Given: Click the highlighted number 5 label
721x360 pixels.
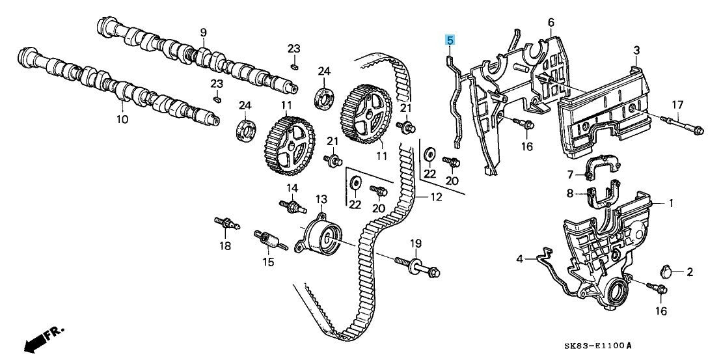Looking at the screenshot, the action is click(450, 40).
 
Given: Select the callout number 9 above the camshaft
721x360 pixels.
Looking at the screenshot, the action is click(203, 33).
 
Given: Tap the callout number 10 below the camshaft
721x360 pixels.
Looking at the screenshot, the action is click(122, 120).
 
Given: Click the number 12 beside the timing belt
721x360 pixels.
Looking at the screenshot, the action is click(436, 197).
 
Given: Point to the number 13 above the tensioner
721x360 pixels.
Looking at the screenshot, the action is click(321, 200).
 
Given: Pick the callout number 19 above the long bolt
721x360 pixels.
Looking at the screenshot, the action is click(416, 243).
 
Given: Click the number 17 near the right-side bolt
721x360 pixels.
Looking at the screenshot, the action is click(678, 105).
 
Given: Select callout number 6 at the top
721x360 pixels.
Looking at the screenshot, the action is click(551, 22).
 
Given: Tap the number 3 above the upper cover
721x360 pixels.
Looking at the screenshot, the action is click(636, 50).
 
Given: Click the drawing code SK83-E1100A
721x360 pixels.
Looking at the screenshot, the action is click(598, 345).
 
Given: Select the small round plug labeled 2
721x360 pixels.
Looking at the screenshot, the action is click(665, 271).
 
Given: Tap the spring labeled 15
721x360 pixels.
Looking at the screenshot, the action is click(271, 240).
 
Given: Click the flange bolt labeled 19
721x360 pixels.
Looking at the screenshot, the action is click(417, 267).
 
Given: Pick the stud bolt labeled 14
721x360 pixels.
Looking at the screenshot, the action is click(293, 206).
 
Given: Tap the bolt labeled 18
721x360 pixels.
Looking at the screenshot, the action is click(227, 223).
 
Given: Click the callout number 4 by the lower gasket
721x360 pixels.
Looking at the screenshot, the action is click(519, 259).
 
